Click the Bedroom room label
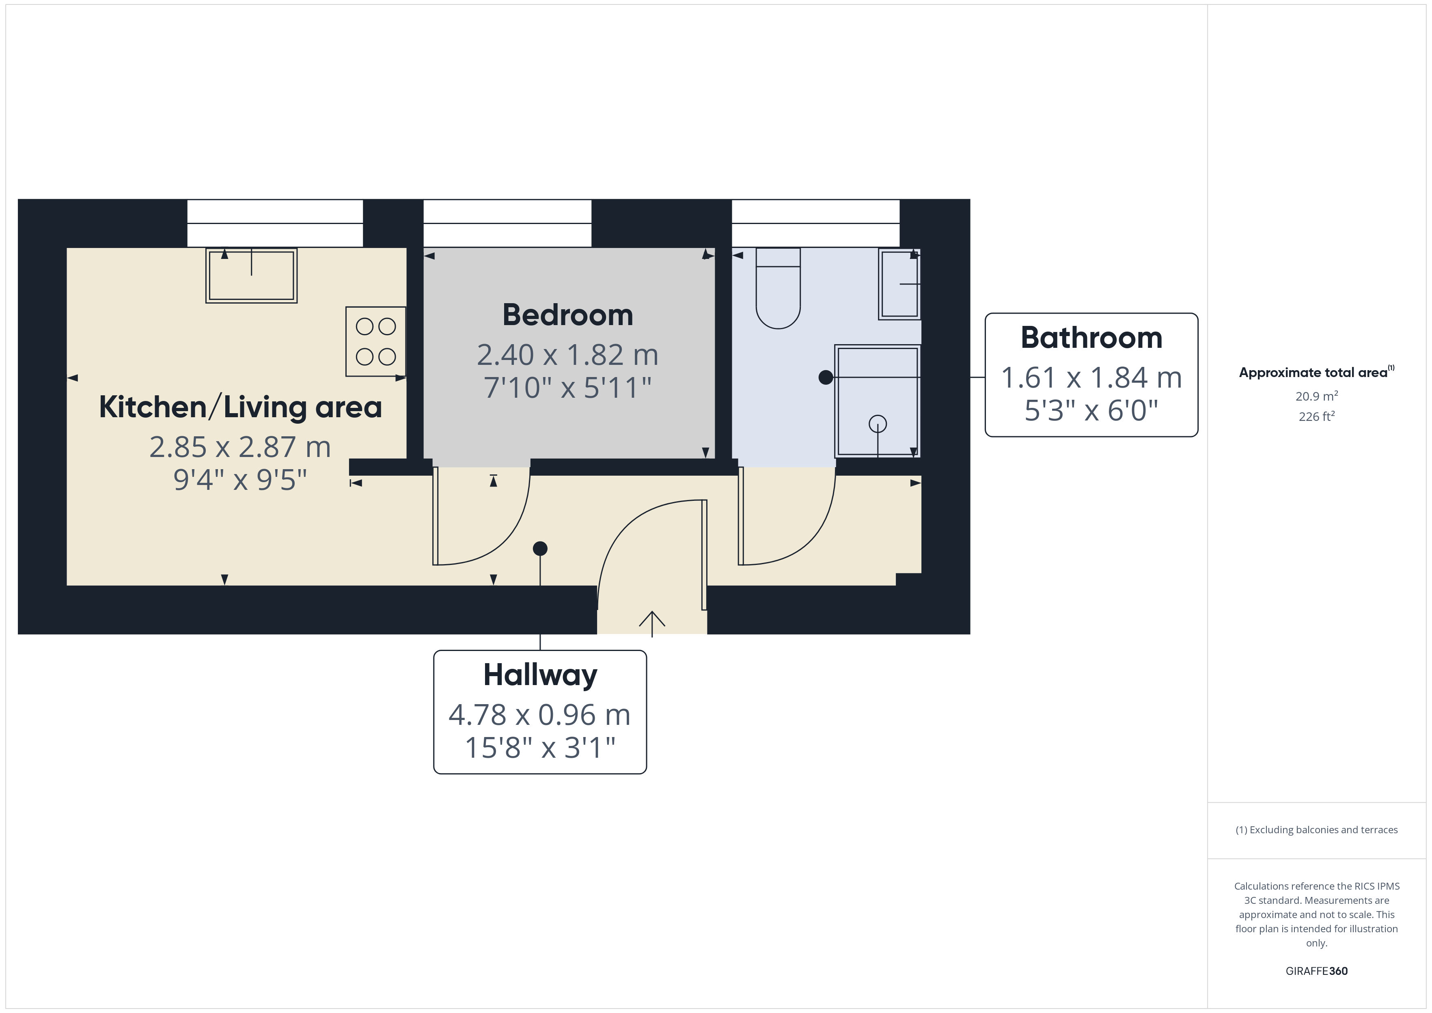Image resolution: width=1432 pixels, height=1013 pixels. [x=567, y=315]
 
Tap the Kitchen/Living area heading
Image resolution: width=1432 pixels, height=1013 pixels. [x=240, y=407]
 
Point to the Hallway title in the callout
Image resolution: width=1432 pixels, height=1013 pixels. [x=540, y=676]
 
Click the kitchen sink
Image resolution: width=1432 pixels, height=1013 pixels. [x=251, y=276]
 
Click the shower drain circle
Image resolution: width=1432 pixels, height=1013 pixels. [x=878, y=424]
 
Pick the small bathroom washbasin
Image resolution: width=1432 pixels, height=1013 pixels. [x=899, y=285]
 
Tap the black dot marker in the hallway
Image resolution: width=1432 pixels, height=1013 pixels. [x=540, y=549]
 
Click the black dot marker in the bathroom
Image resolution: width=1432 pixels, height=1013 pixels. [x=826, y=377]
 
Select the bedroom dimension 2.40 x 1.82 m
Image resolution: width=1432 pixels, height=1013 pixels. [x=567, y=355]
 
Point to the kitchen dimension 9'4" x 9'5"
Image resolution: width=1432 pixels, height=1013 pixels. [x=240, y=480]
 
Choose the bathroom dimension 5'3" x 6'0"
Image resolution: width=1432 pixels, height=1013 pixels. [x=1091, y=410]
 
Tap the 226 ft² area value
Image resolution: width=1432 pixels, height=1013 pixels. [x=1317, y=416]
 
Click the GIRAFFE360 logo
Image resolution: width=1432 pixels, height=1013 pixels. [x=1317, y=971]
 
